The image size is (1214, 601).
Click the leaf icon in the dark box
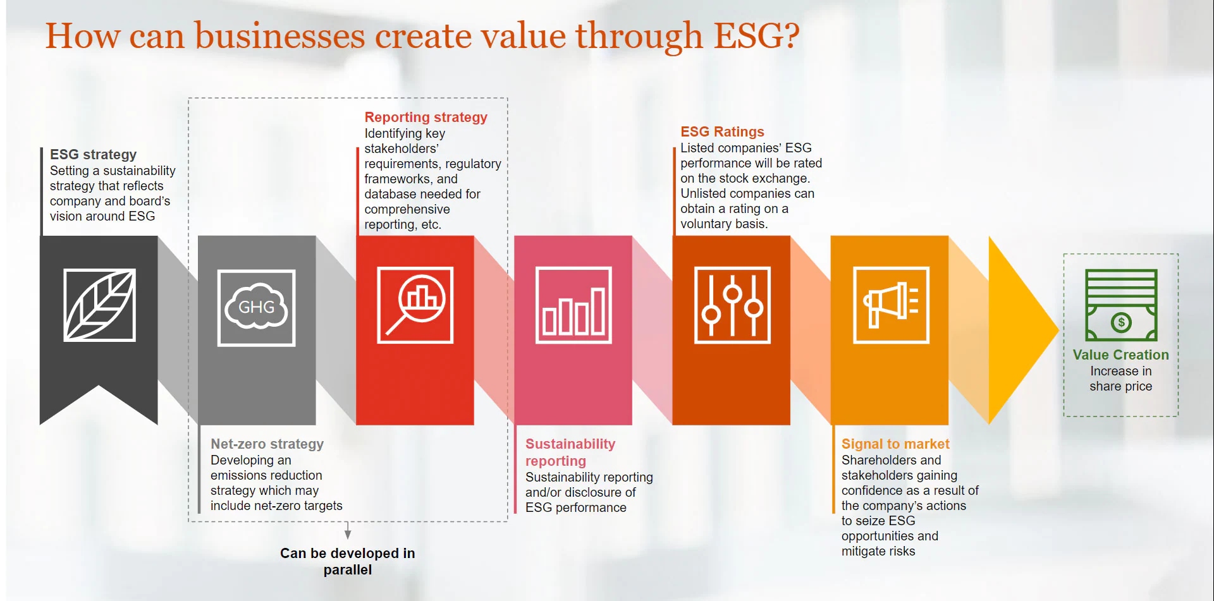point(99,305)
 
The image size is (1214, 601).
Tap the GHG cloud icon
point(256,308)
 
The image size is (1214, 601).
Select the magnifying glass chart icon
point(415,305)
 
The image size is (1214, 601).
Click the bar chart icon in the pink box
point(573,305)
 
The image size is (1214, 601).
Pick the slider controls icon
point(732,305)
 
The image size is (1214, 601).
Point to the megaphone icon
point(891,305)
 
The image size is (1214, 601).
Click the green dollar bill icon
point(1121,305)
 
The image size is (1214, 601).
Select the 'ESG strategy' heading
point(93,154)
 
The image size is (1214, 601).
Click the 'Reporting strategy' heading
point(426,117)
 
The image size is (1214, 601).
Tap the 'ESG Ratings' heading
point(722,131)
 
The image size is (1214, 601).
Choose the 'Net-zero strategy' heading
point(267,444)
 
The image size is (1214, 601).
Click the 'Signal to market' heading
point(895,444)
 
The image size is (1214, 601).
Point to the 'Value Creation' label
point(1120,355)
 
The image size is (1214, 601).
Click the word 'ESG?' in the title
point(756,35)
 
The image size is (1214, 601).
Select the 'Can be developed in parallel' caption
point(348,561)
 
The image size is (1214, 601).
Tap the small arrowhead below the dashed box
point(348,533)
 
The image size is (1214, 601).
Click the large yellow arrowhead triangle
point(1023,329)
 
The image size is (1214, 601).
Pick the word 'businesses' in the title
point(279,35)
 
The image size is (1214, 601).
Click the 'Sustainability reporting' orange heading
point(570,452)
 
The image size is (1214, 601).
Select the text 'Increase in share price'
point(1120,379)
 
